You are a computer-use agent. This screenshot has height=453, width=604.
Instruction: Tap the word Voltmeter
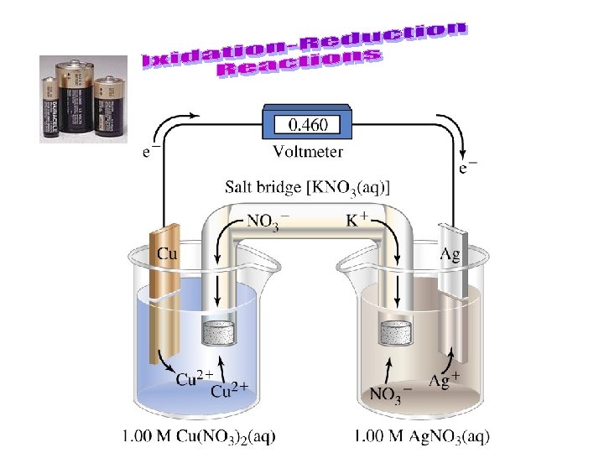tap(308, 152)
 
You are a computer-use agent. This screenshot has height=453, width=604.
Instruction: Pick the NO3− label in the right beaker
tap(391, 392)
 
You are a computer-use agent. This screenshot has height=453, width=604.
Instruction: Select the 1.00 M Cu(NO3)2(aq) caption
tap(198, 435)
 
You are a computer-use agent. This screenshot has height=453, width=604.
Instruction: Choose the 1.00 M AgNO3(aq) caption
tap(421, 435)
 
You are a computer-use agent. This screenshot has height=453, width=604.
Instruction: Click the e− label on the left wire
tap(152, 152)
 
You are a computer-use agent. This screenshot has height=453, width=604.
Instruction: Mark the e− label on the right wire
tap(468, 168)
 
